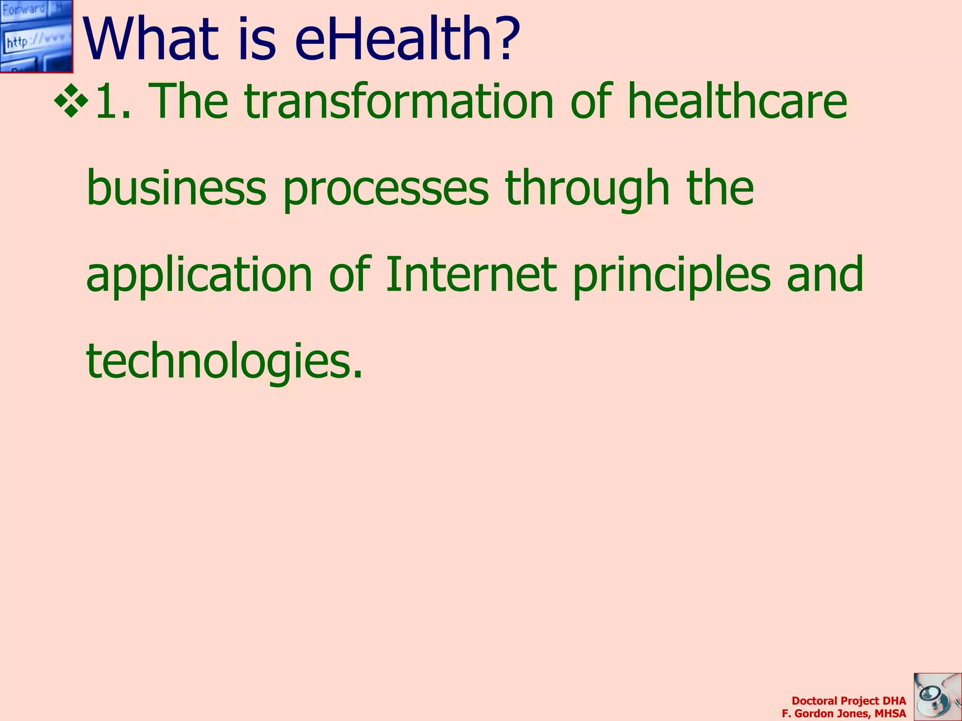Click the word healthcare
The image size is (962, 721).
point(737,101)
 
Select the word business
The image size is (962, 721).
point(176,188)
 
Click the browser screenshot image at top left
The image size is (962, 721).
point(36,36)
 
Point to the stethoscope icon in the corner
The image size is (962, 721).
point(937,697)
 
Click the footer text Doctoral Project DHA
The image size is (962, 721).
point(848,701)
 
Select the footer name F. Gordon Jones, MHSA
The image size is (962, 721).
point(844,713)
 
